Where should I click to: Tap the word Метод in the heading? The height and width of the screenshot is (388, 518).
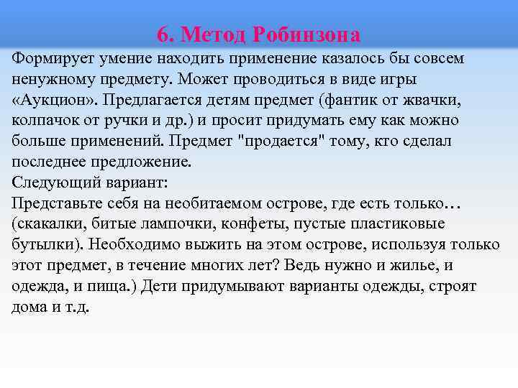point(213,34)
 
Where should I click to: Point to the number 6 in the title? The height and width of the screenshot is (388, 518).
point(161,34)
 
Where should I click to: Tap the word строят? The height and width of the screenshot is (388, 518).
point(472,287)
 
